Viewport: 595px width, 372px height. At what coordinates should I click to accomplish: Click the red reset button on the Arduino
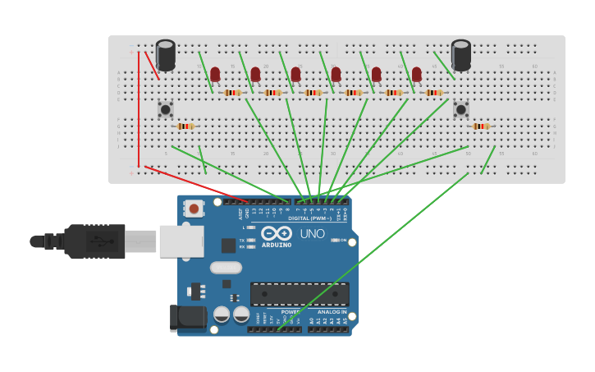pyautogui.click(x=194, y=209)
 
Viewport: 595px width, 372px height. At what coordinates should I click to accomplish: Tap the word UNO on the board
pyautogui.click(x=312, y=233)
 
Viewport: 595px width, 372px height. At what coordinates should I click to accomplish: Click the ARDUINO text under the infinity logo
pyautogui.click(x=277, y=245)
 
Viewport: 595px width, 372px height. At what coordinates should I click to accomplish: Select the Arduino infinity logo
pyautogui.click(x=277, y=233)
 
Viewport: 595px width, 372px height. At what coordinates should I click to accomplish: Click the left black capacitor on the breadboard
pyautogui.click(x=166, y=55)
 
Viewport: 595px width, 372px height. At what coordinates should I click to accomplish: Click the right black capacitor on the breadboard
pyautogui.click(x=461, y=55)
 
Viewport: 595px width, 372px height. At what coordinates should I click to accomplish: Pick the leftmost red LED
pyautogui.click(x=215, y=75)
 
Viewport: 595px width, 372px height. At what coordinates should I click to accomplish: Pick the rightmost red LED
pyautogui.click(x=417, y=75)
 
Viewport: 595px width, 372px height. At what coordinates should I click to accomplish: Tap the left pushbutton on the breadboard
pyautogui.click(x=166, y=108)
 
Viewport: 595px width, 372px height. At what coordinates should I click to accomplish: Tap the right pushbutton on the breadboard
pyautogui.click(x=461, y=108)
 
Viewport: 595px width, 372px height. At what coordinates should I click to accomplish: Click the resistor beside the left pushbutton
pyautogui.click(x=185, y=126)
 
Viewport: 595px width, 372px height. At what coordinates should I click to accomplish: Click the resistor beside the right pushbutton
pyautogui.click(x=481, y=126)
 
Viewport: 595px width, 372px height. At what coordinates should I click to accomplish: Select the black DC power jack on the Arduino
pyautogui.click(x=189, y=318)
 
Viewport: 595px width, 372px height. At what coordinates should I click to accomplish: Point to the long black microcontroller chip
pyautogui.click(x=300, y=294)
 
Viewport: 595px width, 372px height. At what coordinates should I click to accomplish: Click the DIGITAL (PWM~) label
pyautogui.click(x=309, y=218)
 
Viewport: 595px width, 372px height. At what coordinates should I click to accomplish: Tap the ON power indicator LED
pyautogui.click(x=336, y=240)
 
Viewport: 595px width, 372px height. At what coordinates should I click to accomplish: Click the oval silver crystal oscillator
pyautogui.click(x=226, y=267)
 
